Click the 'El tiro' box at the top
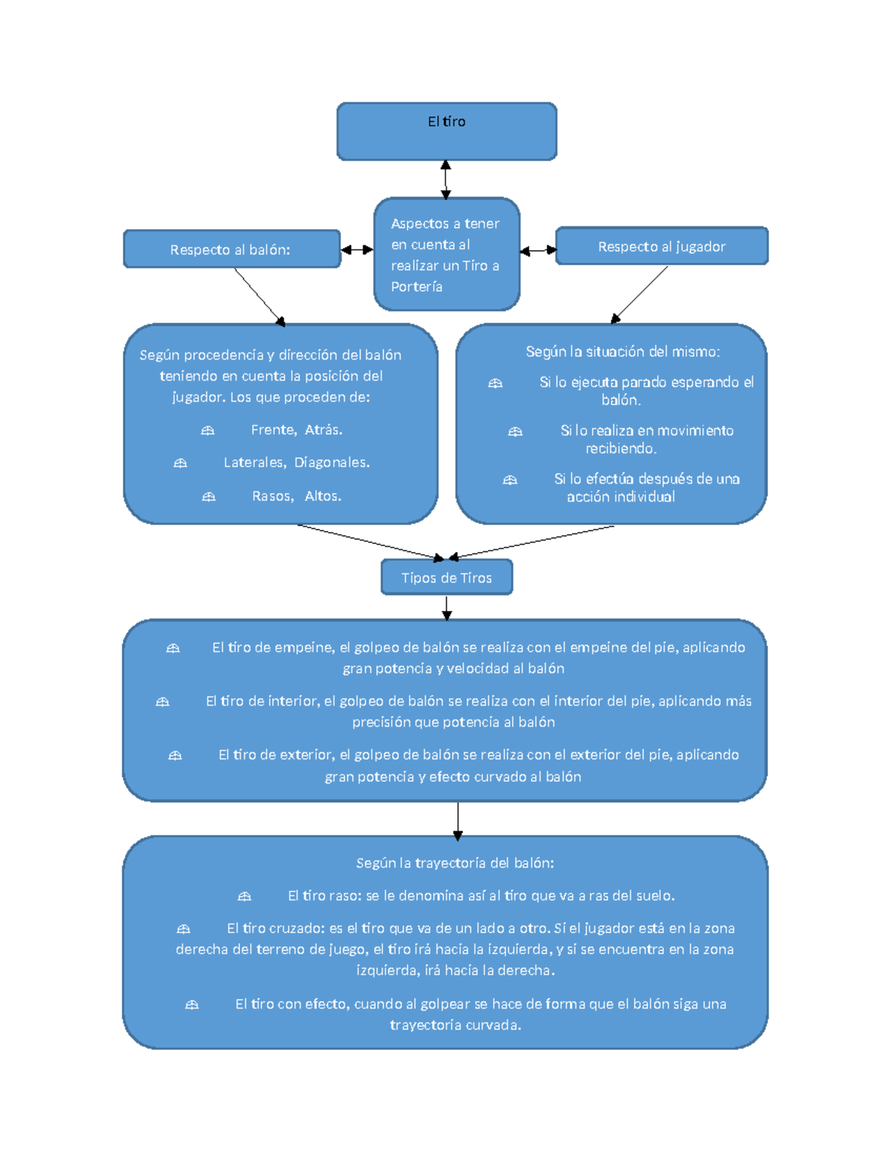pos(446,131)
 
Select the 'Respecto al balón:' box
pos(232,249)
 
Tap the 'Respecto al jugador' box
pos(662,245)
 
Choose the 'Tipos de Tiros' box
pos(446,577)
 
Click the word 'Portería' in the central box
pos(416,287)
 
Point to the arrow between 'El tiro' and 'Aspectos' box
pos(446,180)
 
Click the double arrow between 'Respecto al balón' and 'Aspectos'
pos(357,249)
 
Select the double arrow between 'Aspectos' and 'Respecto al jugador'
pos(538,250)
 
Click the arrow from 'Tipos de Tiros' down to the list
pos(447,607)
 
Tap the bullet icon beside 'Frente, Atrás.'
pos(207,430)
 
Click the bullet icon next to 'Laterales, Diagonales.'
pos(180,463)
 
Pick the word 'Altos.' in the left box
pos(323,495)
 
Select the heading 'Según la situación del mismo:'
pos(622,352)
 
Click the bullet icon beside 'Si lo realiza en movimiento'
pos(515,431)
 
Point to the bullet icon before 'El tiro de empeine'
pos(173,648)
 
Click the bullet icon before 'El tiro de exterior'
pos(174,755)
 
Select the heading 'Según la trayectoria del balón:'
pos(454,863)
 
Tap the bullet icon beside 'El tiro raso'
pos(244,896)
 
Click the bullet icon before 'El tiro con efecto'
pos(191,1004)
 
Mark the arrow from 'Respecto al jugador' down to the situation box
pos(639,294)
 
